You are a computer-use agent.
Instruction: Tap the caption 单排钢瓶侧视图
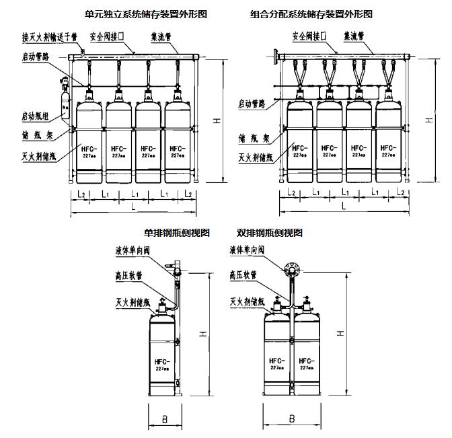pos(177,233)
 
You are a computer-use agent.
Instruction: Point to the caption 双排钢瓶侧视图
pos(270,233)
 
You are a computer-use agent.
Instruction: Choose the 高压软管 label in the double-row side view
pos(243,275)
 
